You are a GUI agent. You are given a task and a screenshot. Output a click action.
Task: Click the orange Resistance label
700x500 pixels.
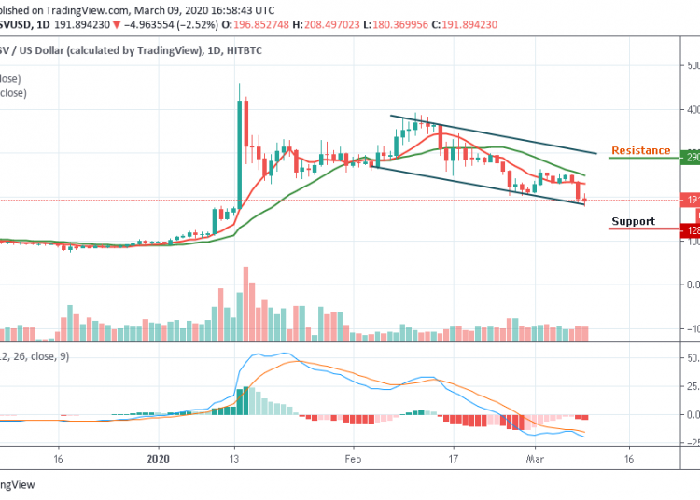pos(640,150)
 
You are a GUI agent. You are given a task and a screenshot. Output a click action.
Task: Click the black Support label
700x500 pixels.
pos(633,222)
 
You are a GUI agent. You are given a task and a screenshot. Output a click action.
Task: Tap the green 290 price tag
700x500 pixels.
pos(692,158)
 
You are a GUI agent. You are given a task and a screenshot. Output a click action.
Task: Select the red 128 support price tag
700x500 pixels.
pos(692,229)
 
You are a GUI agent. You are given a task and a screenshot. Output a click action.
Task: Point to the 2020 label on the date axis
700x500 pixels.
pos(160,460)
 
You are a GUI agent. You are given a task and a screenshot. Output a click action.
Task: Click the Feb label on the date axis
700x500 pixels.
pos(352,460)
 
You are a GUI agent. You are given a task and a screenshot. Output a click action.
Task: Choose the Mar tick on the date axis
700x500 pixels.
pos(535,460)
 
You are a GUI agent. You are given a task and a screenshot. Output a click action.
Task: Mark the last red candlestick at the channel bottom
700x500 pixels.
pos(584,198)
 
